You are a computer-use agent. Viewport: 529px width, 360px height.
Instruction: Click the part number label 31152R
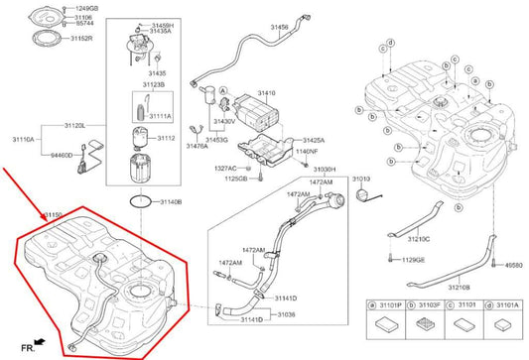[x=81, y=39]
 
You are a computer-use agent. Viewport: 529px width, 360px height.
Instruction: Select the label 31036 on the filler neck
[x=284, y=314]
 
